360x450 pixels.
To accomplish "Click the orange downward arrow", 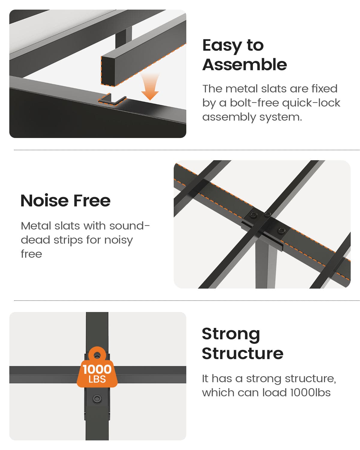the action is (x=150, y=87).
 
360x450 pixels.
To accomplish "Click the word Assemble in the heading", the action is (x=244, y=64).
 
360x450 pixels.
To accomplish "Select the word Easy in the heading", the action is (x=222, y=46).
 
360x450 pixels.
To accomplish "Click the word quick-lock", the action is (x=311, y=103).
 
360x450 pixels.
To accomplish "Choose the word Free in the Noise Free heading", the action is (x=92, y=200).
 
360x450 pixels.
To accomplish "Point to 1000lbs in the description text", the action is (x=310, y=392).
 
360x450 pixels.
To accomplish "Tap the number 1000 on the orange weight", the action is (x=97, y=369).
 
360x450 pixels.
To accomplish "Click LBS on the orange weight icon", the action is (x=97, y=379).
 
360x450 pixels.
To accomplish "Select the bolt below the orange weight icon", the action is (x=97, y=399).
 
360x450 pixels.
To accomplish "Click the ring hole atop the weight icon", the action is (x=97, y=355).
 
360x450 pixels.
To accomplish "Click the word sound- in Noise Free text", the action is (x=130, y=226).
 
